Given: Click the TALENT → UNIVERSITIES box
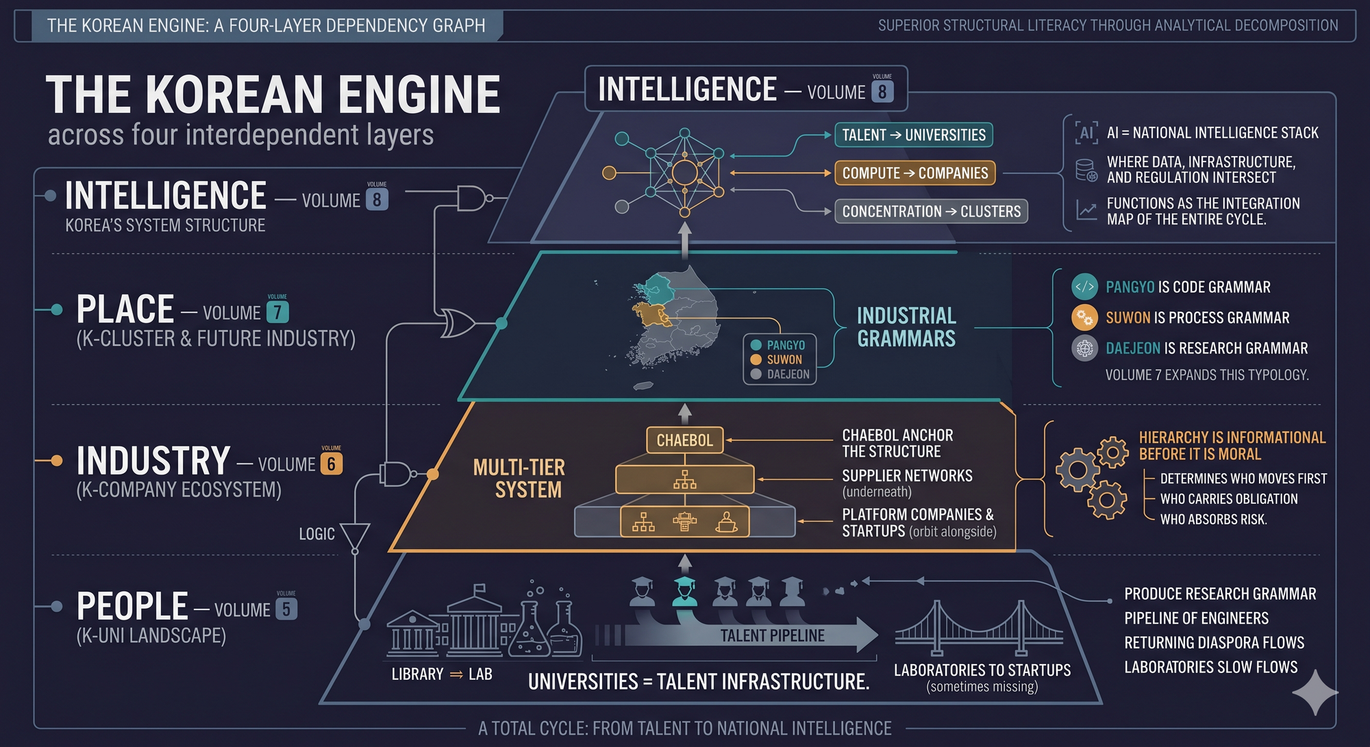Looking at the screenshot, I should coord(913,135).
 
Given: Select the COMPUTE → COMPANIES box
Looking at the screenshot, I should coord(914,173).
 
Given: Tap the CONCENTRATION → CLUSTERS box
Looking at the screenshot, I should coord(931,212).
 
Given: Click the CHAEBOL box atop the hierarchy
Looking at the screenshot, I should coord(684,440).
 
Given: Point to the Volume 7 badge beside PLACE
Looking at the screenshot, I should coord(277,312).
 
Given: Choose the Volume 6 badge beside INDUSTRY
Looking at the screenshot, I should coord(331,464).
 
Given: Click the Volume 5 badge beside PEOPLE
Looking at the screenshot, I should coord(286,609).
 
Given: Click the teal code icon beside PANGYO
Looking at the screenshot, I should coord(1084,287).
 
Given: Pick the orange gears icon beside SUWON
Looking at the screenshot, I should coord(1084,318).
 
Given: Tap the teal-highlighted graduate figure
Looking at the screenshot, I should coord(684,591).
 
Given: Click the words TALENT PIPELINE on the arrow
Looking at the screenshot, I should coord(772,635).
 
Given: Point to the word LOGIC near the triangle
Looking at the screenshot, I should coord(316,534).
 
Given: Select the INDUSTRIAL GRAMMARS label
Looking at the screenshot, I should coord(906,327).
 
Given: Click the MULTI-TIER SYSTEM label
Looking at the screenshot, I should coord(519,479).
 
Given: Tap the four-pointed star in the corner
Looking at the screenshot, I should coord(1315,692).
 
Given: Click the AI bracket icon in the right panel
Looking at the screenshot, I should coord(1086,132).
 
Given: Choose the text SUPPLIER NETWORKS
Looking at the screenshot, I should coord(907,476).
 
